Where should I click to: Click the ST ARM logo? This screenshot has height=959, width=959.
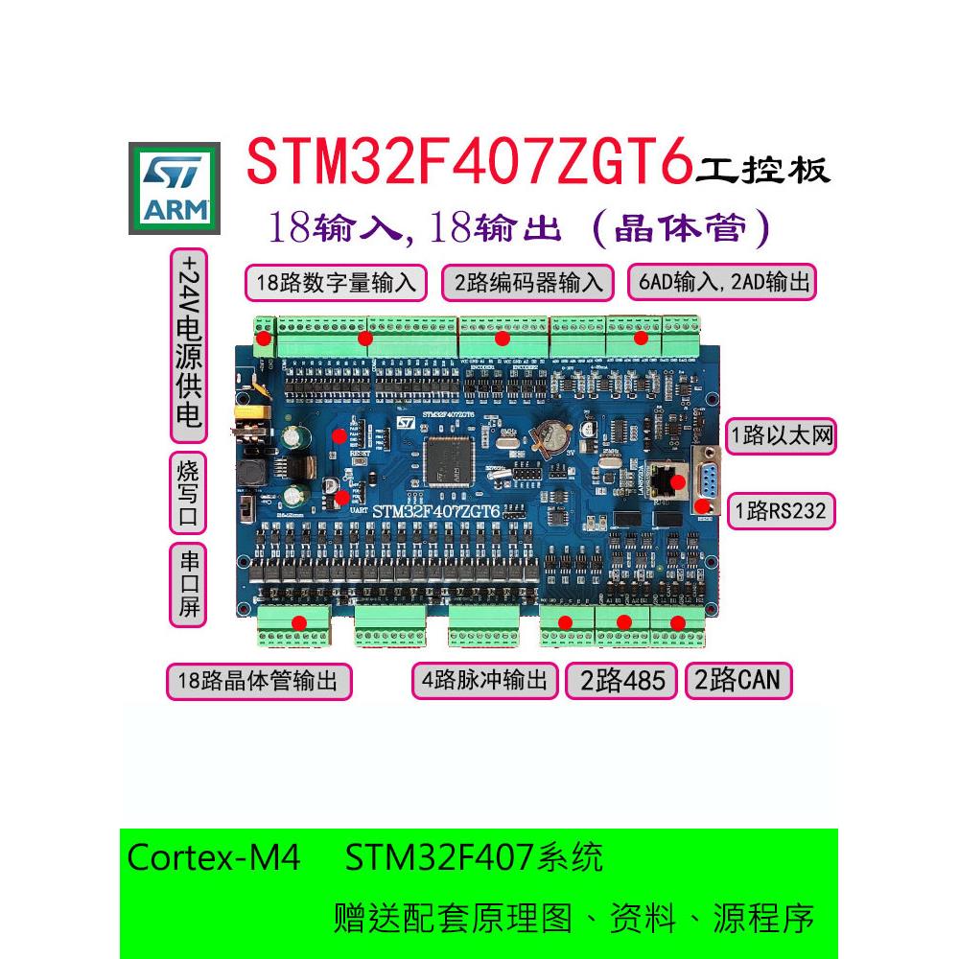[x=175, y=189]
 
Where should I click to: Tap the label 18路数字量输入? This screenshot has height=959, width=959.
[x=336, y=283]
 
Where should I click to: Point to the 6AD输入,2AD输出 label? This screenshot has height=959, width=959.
[x=721, y=283]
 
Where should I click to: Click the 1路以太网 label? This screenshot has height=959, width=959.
[x=780, y=437]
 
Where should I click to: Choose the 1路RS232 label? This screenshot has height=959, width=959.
[x=780, y=510]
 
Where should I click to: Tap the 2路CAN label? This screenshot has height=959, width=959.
[x=737, y=681]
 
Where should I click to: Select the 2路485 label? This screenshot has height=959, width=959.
[x=621, y=681]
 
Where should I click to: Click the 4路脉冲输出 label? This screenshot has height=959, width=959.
[x=485, y=681]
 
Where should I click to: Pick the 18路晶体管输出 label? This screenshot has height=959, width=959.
[x=259, y=682]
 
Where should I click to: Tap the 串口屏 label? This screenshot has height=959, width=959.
[x=189, y=585]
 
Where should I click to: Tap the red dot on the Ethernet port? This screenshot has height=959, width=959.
[x=677, y=481]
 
